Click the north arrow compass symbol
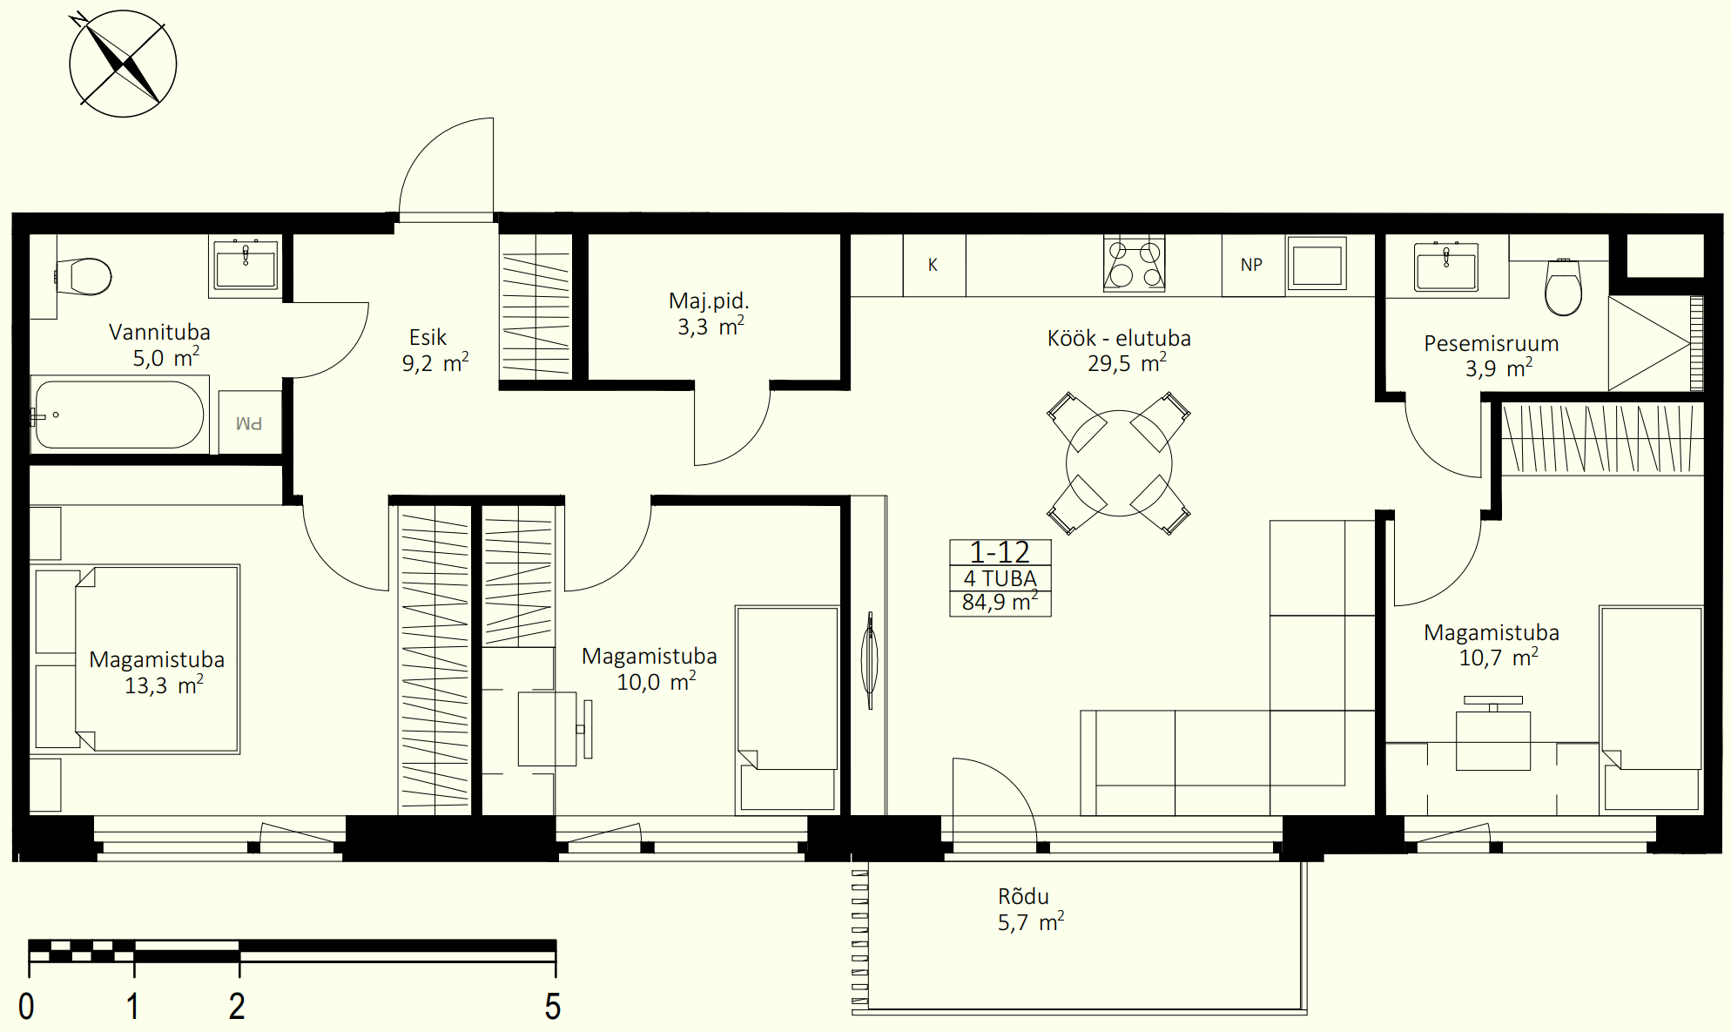point(123,64)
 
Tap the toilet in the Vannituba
point(84,276)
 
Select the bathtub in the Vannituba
point(119,415)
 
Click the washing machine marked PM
point(250,422)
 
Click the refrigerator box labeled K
point(933,265)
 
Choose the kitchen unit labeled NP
point(1252,265)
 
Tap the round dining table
point(1119,463)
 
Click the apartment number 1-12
point(1000,552)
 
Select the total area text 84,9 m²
point(1000,602)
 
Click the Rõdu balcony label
point(1024,896)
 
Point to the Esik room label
point(428,337)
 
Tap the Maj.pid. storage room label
point(709,301)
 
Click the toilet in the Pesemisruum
point(1563,287)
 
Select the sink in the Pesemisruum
point(1446,266)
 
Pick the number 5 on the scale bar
point(553,1007)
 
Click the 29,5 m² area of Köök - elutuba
point(1127,363)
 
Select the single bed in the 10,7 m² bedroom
point(1651,710)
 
